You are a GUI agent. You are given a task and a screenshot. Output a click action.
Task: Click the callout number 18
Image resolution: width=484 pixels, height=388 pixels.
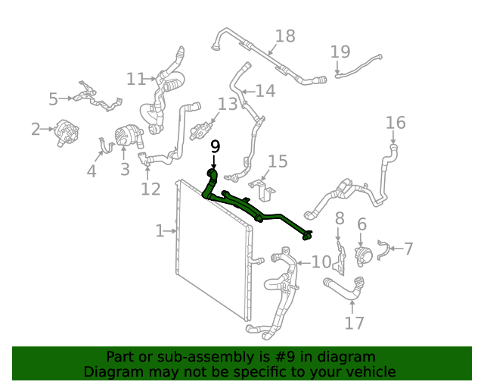(285, 36)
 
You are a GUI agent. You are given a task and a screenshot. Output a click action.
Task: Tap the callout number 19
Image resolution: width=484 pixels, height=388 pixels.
(340, 52)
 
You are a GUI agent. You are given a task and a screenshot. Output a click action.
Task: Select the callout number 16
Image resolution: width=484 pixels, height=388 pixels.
(396, 123)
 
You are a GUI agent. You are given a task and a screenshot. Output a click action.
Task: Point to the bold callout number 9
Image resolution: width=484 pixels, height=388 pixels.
(215, 145)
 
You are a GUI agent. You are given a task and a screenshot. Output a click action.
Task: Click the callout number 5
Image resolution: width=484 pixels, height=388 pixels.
(53, 99)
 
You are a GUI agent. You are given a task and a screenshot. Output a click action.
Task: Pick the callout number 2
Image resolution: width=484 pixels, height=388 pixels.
(36, 130)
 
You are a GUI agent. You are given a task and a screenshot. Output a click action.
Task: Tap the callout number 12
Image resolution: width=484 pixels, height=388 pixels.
(150, 189)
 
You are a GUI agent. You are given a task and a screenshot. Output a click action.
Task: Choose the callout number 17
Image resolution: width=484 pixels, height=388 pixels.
(355, 323)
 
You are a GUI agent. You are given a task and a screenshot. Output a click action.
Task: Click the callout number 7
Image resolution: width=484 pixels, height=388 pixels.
(408, 249)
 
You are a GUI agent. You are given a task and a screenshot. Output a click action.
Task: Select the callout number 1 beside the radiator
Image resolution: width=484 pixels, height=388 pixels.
(160, 231)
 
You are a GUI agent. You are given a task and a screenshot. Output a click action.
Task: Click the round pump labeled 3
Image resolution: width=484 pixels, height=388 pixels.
(126, 137)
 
